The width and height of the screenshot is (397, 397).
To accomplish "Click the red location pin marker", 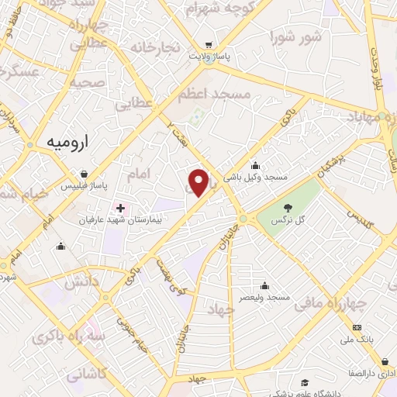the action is tap(198, 182).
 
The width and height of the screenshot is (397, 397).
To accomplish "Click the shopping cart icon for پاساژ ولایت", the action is tap(207, 45).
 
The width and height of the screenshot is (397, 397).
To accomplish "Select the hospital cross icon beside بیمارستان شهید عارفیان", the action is tap(120, 208).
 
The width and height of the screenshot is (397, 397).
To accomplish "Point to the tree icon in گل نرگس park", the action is tap(288, 208).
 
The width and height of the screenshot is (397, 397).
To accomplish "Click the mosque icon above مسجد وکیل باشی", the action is tap(256, 166).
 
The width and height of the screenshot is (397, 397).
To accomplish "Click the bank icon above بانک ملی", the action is tap(357, 327).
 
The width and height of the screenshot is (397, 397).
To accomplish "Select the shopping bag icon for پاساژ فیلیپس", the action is tap(94, 174).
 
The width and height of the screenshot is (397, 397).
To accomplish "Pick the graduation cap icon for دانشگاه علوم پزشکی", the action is tap(305, 382).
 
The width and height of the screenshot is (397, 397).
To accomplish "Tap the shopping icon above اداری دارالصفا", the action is tap(385, 361).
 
